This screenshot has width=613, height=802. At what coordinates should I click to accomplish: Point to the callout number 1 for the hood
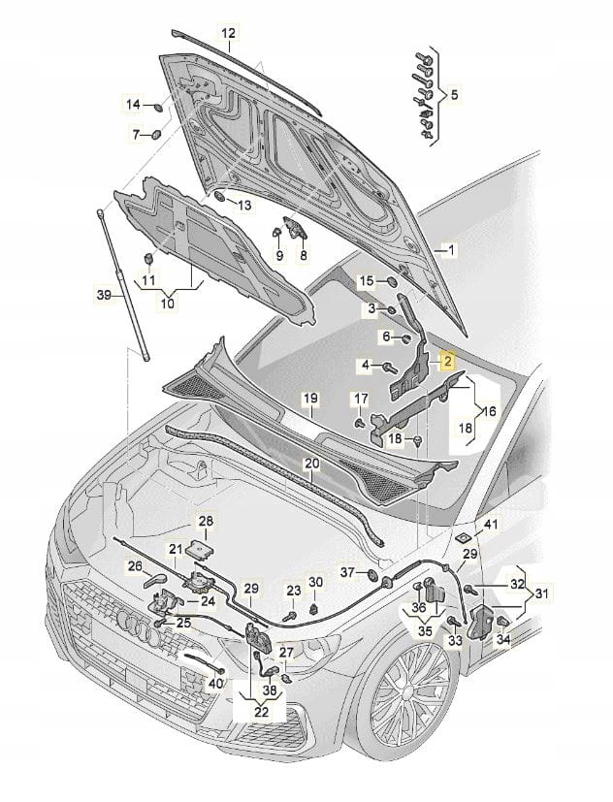[448, 249]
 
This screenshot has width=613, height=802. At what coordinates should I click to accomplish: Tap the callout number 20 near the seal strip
[310, 465]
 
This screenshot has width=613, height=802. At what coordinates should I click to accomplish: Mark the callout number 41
[491, 525]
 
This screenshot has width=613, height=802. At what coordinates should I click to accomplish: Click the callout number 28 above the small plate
[207, 522]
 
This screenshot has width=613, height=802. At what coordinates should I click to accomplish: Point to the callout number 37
[345, 574]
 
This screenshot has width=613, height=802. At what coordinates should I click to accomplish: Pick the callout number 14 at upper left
[133, 103]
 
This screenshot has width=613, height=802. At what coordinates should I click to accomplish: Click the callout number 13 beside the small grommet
[242, 206]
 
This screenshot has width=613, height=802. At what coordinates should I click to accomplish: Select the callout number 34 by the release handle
[502, 640]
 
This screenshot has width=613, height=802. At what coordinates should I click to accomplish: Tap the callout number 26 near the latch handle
[135, 565]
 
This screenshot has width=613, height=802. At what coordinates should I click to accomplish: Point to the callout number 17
[359, 400]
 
